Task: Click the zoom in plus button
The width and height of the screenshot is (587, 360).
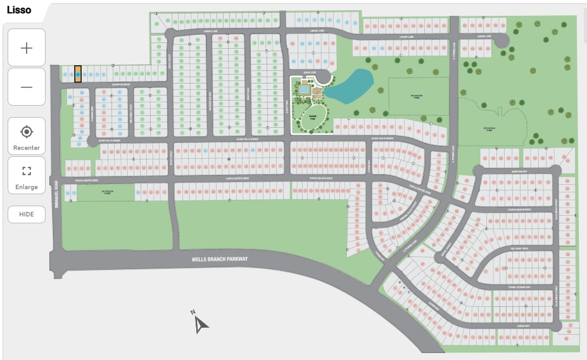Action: pyautogui.click(x=27, y=47)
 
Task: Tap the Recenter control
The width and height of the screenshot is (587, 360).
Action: pyautogui.click(x=27, y=136)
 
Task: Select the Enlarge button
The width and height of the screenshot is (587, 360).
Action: pyautogui.click(x=27, y=175)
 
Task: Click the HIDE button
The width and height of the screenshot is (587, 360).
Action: pyautogui.click(x=27, y=214)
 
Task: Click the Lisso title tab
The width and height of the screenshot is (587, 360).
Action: pyautogui.click(x=19, y=10)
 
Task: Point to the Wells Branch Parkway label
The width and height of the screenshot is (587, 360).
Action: pyautogui.click(x=220, y=259)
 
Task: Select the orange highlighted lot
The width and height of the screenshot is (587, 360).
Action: pyautogui.click(x=78, y=74)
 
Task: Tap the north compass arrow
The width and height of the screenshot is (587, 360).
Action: pyautogui.click(x=201, y=323)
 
